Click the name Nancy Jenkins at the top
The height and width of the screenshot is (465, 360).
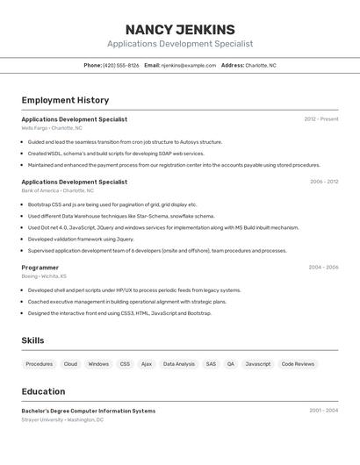point(180,29)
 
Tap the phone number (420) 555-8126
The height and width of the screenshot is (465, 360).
point(120,65)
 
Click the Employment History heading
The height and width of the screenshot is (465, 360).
point(65,100)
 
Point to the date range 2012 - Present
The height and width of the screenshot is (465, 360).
point(321,119)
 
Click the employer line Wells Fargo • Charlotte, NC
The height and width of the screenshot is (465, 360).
point(52,128)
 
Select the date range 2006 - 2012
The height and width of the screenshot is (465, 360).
point(324,182)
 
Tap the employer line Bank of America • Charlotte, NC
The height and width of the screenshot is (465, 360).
point(58,190)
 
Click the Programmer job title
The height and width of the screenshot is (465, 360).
point(40,268)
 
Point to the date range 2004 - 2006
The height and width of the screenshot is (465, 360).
point(324,268)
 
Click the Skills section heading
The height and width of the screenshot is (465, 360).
point(32,340)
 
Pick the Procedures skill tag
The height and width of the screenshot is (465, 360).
point(40,364)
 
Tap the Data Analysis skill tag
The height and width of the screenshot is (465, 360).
point(179,364)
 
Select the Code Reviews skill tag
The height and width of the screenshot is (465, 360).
point(298,364)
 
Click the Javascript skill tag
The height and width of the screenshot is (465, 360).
point(258,364)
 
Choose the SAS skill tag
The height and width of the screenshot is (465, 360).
point(211,364)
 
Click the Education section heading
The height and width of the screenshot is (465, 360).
point(43,391)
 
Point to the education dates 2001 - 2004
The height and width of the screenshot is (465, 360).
point(324,411)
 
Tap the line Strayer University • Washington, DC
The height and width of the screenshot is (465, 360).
point(62,420)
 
